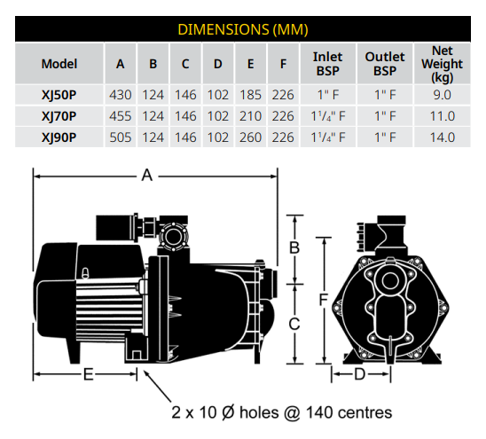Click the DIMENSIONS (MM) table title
click(x=243, y=29)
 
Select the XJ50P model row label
click(x=59, y=95)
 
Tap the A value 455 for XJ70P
click(x=121, y=116)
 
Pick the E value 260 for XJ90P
click(x=250, y=137)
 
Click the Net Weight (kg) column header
click(x=442, y=64)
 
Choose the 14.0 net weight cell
click(x=443, y=137)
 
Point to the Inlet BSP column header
click(x=327, y=64)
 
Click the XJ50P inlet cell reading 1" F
click(x=328, y=95)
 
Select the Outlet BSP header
click(x=385, y=64)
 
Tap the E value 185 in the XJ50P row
click(x=250, y=95)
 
